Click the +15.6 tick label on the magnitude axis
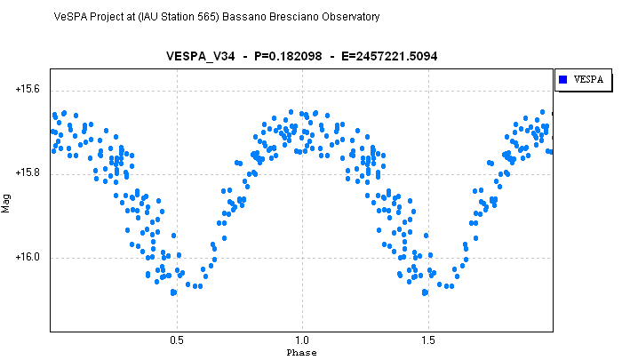28,89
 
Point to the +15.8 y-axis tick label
28,172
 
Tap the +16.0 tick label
28,257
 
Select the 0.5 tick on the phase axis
177,340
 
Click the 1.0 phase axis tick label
302,340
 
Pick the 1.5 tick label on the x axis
428,340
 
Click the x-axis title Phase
301,353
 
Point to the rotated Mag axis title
6,204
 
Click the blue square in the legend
562,79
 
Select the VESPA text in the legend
588,79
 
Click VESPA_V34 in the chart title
200,56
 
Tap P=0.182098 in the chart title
288,56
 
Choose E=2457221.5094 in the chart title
389,56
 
